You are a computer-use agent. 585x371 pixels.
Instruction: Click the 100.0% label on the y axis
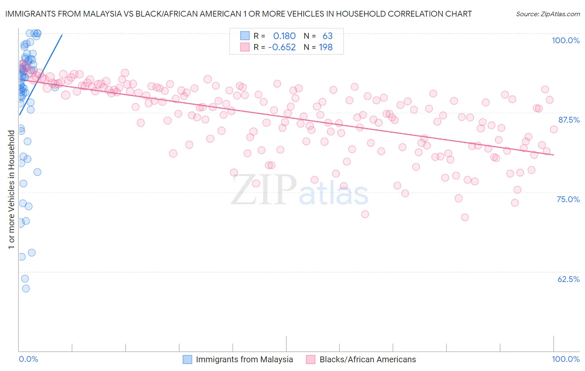(x=565, y=40)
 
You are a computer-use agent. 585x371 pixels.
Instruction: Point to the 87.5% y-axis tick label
(x=569, y=120)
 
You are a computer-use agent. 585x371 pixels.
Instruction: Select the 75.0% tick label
(x=568, y=199)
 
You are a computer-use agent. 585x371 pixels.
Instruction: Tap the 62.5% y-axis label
(x=568, y=279)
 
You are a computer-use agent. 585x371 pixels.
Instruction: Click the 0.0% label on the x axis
(x=28, y=359)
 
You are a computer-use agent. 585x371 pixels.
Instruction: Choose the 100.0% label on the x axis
(x=565, y=359)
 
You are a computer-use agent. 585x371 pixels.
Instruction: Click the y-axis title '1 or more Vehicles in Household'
(x=11, y=190)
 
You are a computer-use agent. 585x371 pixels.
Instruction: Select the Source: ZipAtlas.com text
(x=548, y=14)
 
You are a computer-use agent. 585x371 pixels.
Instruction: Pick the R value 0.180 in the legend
(x=284, y=36)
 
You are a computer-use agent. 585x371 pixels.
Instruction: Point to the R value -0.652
(x=282, y=47)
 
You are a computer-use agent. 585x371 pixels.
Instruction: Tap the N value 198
(x=325, y=47)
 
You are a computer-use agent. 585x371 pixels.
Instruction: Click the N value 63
(x=327, y=36)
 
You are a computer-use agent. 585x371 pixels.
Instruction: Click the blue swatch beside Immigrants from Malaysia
(x=188, y=359)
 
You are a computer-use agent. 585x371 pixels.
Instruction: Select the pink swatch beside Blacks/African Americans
(x=311, y=359)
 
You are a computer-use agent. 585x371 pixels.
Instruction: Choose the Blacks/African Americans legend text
(x=367, y=359)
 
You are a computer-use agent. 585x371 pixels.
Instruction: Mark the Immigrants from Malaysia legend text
(x=244, y=359)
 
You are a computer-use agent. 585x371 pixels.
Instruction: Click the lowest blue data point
(x=26, y=289)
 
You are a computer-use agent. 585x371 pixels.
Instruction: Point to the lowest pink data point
(x=465, y=217)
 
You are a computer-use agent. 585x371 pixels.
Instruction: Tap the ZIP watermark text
(x=264, y=190)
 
